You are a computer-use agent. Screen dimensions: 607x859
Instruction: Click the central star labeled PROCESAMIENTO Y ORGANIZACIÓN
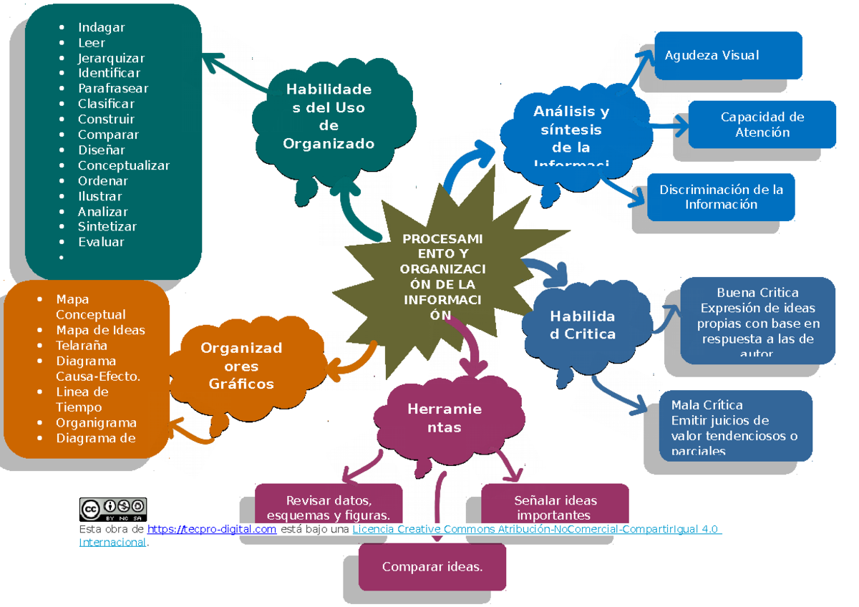tap(442, 276)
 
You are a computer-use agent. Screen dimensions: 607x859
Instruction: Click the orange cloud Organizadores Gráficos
tap(241, 366)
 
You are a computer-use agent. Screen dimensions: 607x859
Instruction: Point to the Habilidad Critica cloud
tap(583, 326)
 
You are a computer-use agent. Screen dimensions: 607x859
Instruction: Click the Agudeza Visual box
tap(727, 55)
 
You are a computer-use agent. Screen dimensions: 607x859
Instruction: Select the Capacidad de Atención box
tap(762, 125)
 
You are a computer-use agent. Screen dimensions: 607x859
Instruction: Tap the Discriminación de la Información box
tap(721, 197)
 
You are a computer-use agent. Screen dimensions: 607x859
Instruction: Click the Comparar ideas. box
tap(432, 567)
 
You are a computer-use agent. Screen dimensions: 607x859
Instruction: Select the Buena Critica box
tap(757, 321)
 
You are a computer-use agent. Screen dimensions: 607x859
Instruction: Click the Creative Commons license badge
tap(113, 509)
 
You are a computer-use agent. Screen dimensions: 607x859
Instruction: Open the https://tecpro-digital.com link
tap(212, 529)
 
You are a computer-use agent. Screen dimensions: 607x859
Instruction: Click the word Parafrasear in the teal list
tap(113, 88)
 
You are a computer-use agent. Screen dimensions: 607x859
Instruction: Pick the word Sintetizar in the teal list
tap(107, 226)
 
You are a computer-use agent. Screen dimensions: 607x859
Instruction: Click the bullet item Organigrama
tap(96, 422)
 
